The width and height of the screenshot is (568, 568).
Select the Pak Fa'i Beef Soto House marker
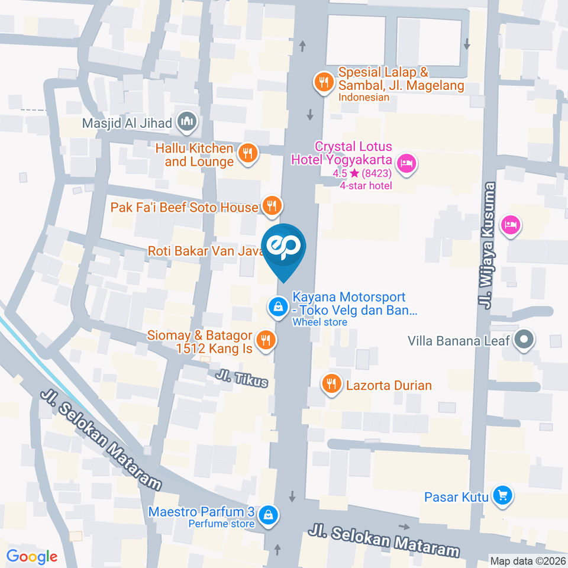coord(272,206)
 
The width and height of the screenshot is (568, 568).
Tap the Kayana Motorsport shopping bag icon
coord(276,306)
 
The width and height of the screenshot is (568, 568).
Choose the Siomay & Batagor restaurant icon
coord(265,340)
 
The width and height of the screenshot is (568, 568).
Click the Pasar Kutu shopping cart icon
coord(502,495)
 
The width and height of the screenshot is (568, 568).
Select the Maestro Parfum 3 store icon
coord(269,514)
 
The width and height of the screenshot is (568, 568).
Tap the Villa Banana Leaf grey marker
coord(524,340)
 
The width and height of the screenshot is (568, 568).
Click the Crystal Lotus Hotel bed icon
coord(406,163)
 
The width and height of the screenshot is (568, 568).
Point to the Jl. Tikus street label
coord(241,379)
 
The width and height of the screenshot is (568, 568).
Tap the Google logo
coord(32,556)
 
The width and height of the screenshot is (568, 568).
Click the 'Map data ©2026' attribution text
coord(527,560)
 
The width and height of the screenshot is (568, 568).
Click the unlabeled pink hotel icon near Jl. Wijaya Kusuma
coord(510,225)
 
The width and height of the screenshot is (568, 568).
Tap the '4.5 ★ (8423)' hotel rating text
coord(362,174)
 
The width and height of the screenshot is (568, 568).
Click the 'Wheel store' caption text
coord(319,322)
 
